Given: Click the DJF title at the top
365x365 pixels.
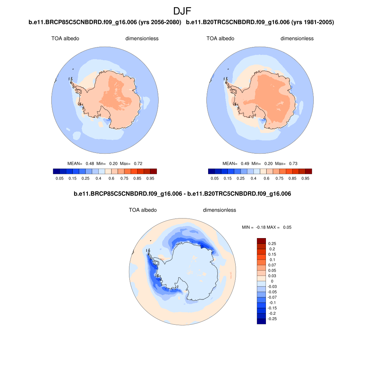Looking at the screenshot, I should coord(182,11).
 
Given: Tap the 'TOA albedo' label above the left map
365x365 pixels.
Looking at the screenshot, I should coord(65,38).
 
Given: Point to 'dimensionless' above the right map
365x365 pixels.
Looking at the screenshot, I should coord(297,38).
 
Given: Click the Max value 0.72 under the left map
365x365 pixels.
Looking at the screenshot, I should coord(138,164).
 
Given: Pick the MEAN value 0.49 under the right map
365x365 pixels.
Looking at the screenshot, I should coord(244,164).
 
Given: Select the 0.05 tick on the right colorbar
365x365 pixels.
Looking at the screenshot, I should coord(215,178).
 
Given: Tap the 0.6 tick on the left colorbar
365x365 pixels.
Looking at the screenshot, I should coord(111,178).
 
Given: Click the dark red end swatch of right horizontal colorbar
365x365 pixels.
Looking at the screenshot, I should coord(309,171).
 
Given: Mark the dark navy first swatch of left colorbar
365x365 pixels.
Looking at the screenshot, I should coord(56,171).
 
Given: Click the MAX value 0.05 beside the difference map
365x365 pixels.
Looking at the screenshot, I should coord(287,227).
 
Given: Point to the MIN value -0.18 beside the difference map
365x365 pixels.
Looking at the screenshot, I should coord(261,227).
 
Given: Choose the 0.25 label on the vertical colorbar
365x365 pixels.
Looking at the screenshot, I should coord(272,244).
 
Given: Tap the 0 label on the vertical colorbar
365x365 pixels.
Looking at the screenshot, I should coord(272,281).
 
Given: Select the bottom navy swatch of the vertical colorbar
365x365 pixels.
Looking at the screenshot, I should coord(261,321).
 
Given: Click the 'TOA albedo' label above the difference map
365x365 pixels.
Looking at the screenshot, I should coord(143,210).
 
